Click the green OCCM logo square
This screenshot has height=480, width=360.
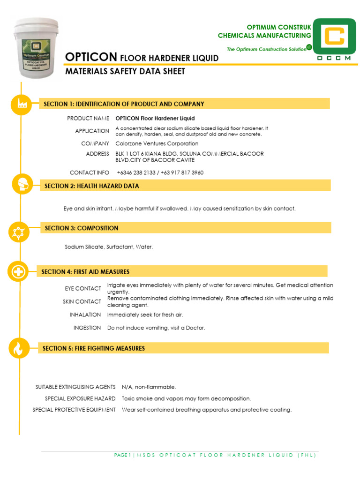point(334,39)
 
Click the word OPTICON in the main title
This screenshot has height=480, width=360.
point(91,57)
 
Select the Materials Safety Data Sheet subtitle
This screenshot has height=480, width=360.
point(125,72)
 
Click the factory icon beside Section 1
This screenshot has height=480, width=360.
point(22,105)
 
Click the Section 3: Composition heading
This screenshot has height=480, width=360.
point(82,228)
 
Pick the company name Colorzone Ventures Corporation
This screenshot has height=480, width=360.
point(157,143)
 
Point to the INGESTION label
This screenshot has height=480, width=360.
point(87,328)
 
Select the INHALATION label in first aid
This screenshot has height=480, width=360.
point(85,315)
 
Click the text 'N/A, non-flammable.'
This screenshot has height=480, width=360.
point(149,387)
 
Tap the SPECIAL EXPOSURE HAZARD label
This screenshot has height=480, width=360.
point(80,398)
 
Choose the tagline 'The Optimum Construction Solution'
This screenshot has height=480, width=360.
point(266,49)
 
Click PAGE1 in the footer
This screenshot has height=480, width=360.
point(123,455)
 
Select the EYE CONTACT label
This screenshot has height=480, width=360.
point(82,288)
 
